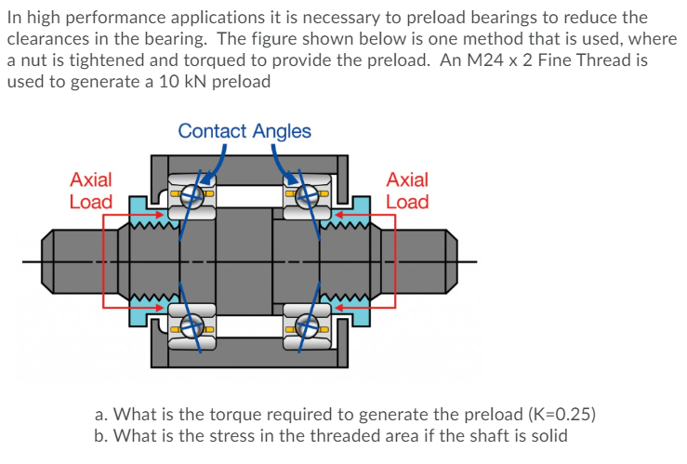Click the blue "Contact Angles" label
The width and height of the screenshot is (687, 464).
point(244,131)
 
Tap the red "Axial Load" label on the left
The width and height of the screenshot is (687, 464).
point(91,191)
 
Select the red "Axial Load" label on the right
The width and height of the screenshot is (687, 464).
point(407,191)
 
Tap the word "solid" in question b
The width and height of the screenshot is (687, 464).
point(547,435)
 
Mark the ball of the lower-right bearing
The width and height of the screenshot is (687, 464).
point(307,326)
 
